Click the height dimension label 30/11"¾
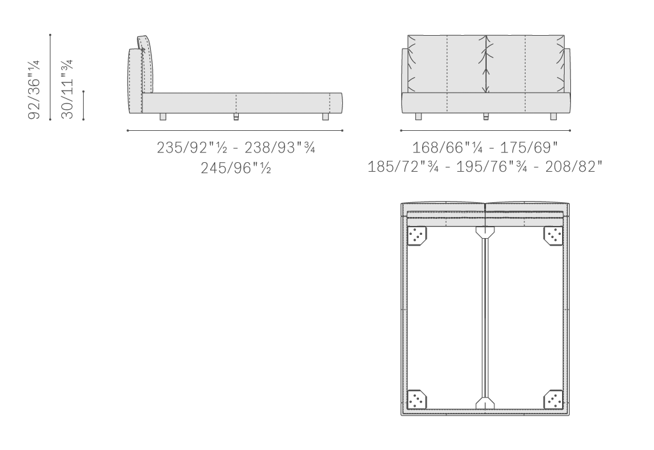point(67,89)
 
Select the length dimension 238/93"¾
point(280,147)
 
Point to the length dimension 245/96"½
point(236,168)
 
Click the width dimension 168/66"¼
point(448,147)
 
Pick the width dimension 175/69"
point(529,147)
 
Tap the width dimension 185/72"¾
point(403,167)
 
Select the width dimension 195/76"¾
point(492,167)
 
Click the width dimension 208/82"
point(574,167)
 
